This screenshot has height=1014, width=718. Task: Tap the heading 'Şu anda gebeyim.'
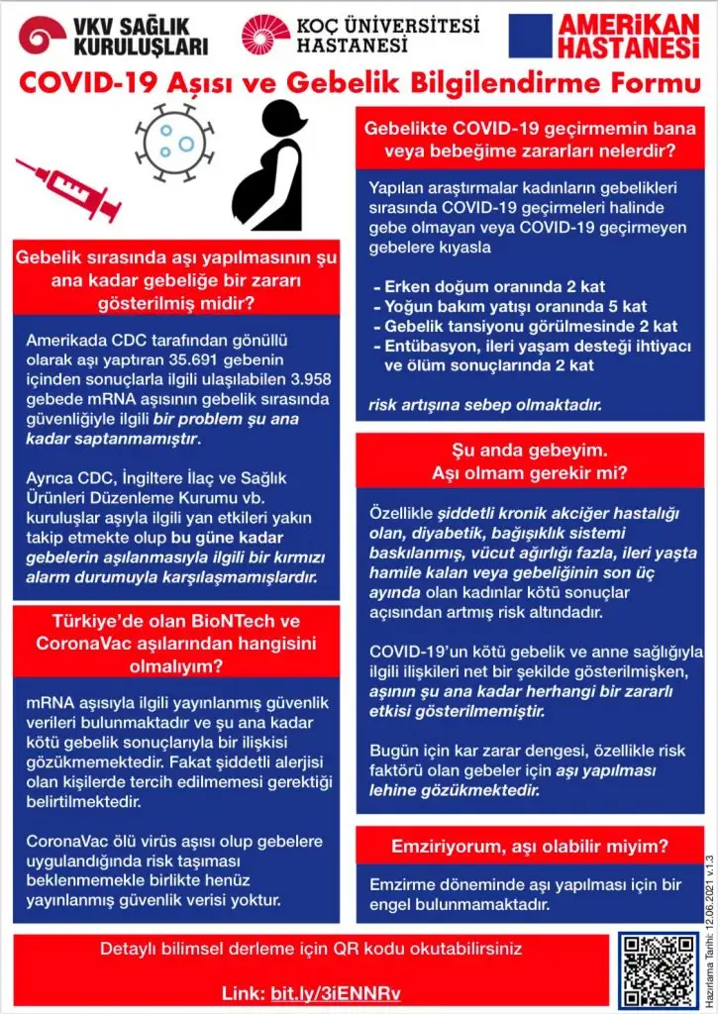530,451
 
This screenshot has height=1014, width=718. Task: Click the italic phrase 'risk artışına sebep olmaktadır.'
484,405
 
